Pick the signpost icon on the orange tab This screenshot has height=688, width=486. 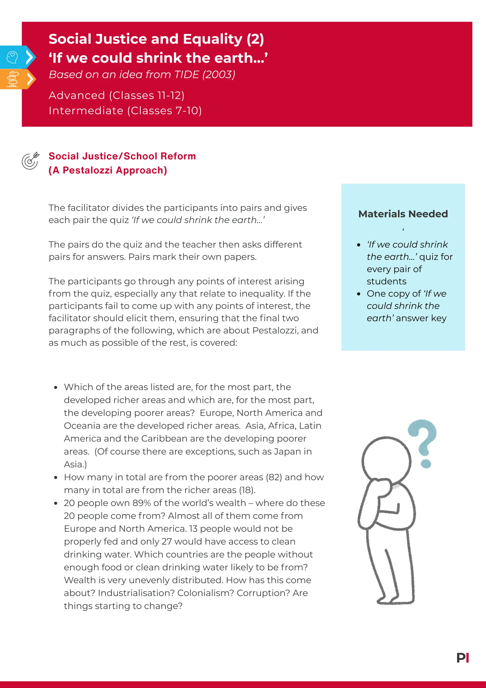pyautogui.click(x=13, y=79)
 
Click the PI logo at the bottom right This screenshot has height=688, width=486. pyautogui.click(x=463, y=658)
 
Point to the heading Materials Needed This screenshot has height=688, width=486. pyautogui.click(x=403, y=214)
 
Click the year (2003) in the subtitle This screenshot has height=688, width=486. pyautogui.click(x=219, y=75)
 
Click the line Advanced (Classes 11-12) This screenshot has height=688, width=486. pyautogui.click(x=116, y=95)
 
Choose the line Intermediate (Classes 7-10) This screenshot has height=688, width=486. pyautogui.click(x=125, y=111)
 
